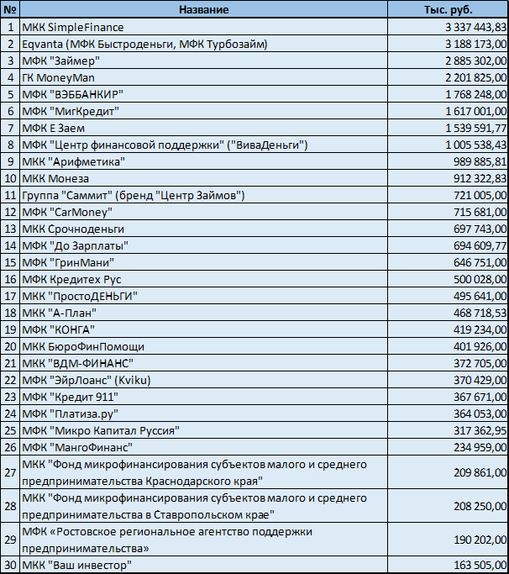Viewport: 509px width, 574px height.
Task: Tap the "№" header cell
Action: [9, 9]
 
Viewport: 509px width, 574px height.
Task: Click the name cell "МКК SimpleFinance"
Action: [72, 27]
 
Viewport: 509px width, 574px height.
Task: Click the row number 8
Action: [9, 145]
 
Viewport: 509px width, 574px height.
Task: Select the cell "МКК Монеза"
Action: [55, 178]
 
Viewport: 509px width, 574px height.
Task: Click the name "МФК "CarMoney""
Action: [67, 212]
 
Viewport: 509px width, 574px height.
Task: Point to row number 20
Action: [9, 346]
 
